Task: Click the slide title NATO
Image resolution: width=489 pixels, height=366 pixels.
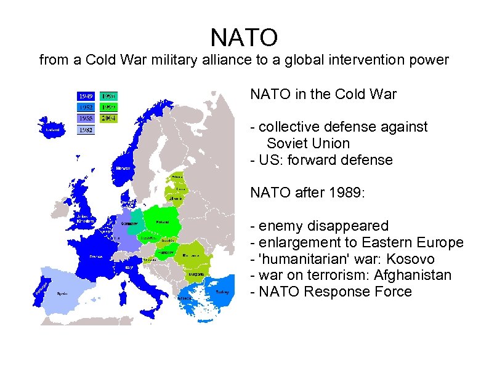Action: tap(244, 38)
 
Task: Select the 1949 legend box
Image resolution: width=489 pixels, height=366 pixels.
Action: tap(86, 96)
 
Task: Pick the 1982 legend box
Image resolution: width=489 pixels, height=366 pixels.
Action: tap(86, 130)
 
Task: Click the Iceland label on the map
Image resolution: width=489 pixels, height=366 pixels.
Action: tap(52, 130)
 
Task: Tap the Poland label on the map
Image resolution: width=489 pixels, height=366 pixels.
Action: tap(163, 221)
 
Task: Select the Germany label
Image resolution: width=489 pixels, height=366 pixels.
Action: tap(129, 223)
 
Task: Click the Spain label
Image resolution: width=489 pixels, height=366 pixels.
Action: tap(62, 294)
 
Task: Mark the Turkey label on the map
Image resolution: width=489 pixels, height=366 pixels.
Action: tap(223, 292)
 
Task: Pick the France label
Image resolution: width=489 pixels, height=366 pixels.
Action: tap(95, 256)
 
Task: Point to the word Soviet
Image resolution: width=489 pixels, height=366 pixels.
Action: tap(288, 143)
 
